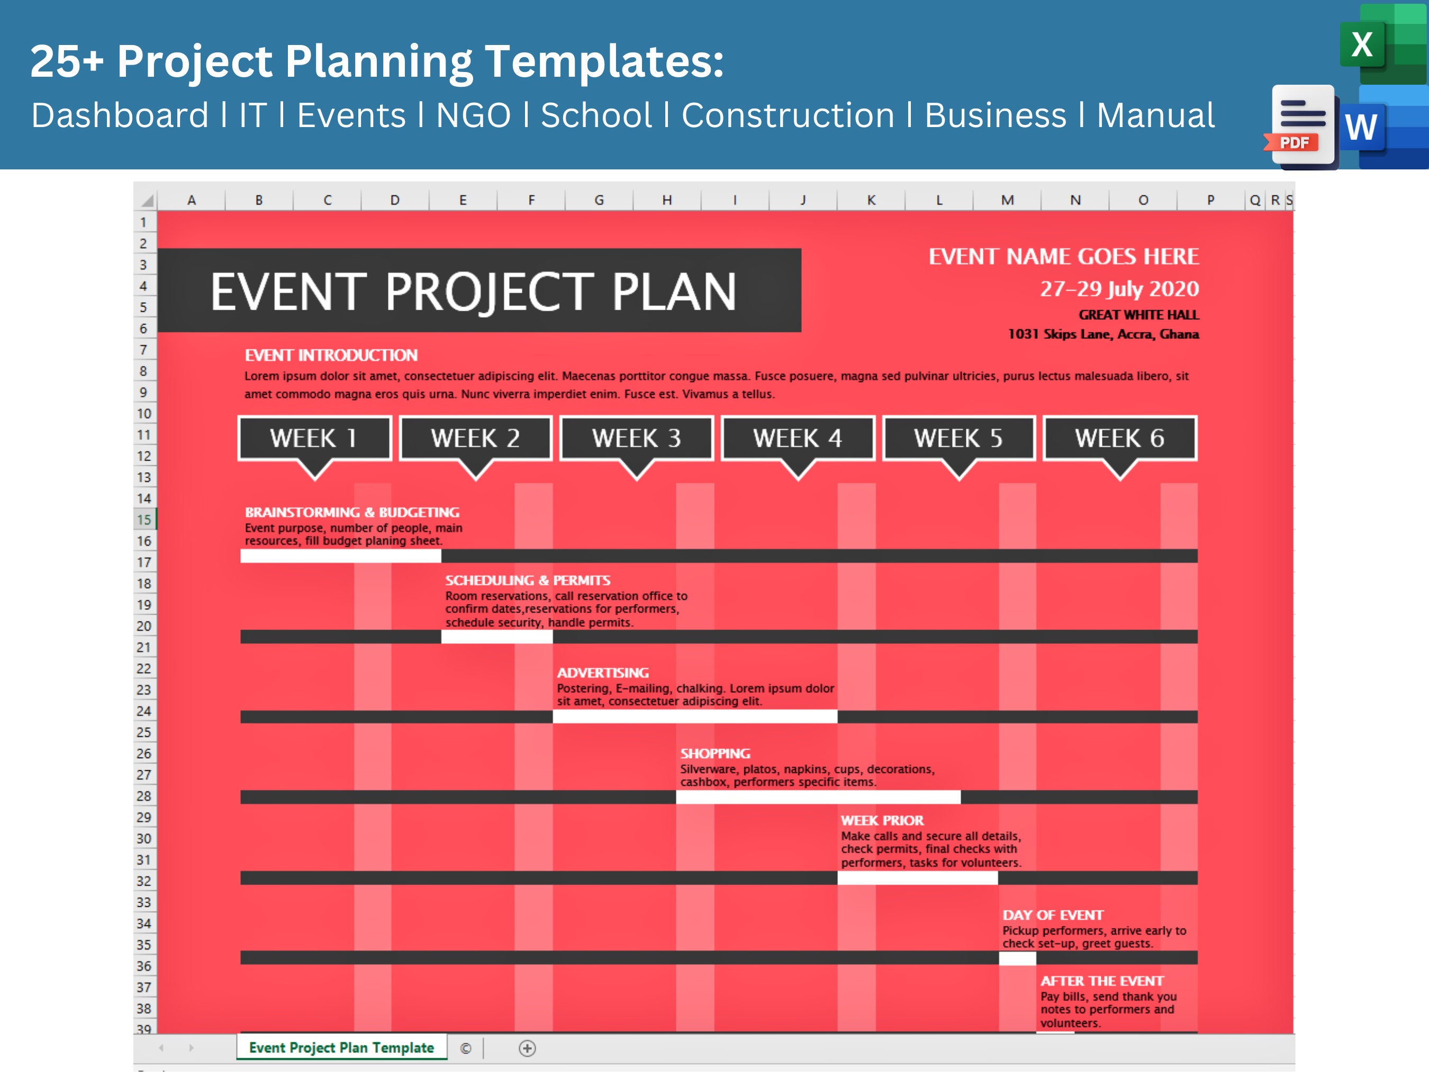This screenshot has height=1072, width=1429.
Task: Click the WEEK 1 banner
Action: click(314, 438)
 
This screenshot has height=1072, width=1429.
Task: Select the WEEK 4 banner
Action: click(798, 438)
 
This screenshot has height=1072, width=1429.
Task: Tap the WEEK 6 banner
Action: click(1119, 438)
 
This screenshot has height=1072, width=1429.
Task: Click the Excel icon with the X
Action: click(1363, 44)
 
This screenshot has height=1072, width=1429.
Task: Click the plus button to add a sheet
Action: click(527, 1048)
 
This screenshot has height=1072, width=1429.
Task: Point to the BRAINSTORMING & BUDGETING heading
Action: click(352, 512)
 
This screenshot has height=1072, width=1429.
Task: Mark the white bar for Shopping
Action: click(818, 797)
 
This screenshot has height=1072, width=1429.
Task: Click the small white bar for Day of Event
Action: click(1017, 958)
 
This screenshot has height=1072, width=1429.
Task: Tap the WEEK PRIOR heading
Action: click(882, 821)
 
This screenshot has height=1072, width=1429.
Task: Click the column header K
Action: click(871, 200)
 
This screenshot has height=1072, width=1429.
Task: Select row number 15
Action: click(143, 519)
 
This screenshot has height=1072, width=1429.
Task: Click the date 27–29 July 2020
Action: click(1119, 289)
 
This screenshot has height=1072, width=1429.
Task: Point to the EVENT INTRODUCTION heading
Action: click(331, 355)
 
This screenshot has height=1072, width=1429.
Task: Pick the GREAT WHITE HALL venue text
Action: click(1138, 314)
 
